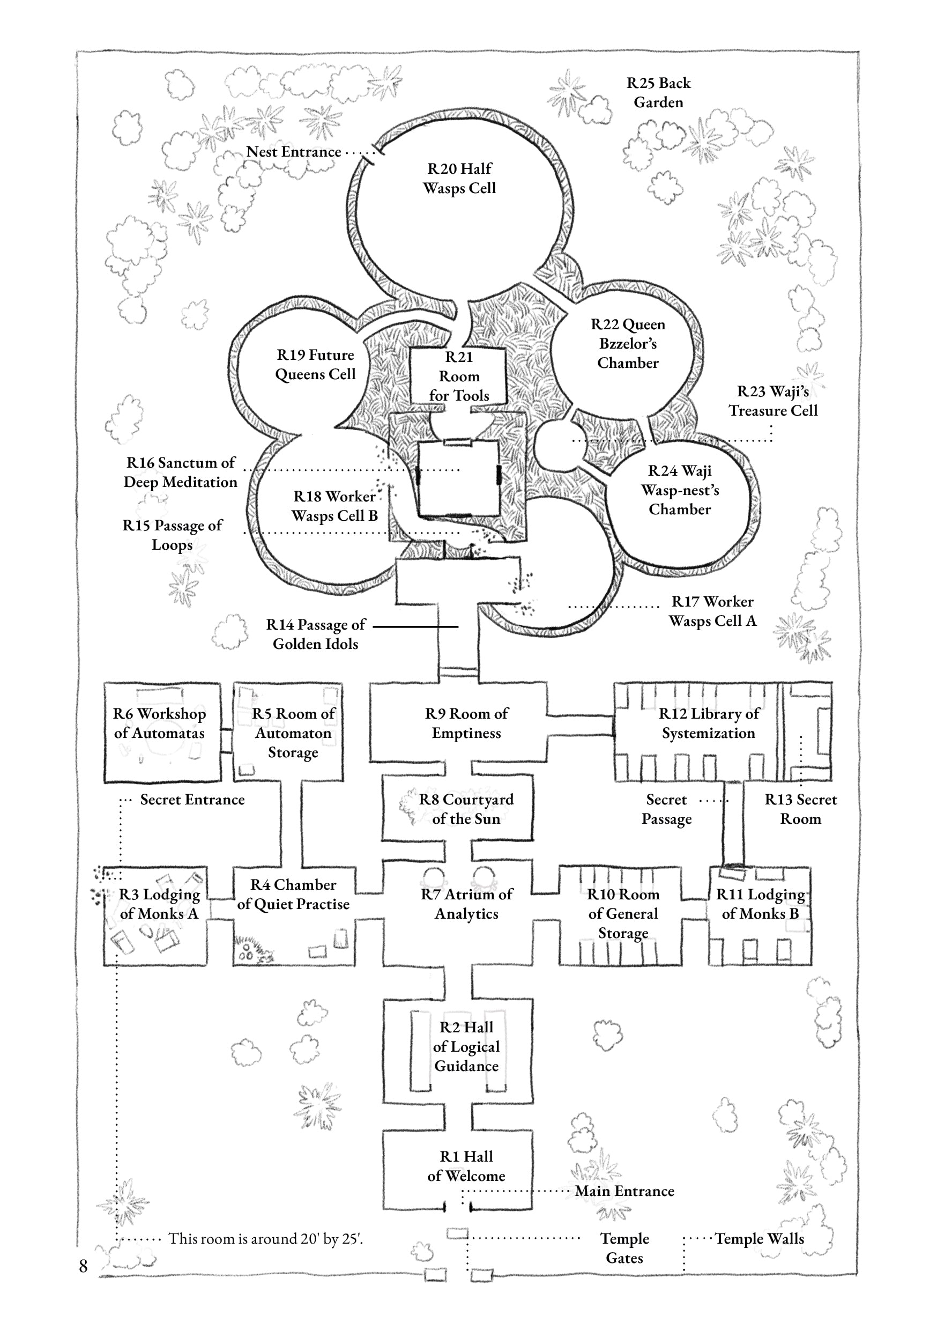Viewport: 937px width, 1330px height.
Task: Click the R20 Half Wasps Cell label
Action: tap(459, 179)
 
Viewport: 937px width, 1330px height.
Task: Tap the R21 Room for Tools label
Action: tap(459, 376)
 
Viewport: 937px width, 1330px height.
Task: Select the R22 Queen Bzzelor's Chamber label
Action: tap(628, 344)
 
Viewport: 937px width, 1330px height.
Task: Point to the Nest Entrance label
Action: tap(294, 152)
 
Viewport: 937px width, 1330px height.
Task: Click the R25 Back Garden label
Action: tap(658, 93)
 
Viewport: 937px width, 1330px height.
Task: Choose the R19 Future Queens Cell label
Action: tap(315, 364)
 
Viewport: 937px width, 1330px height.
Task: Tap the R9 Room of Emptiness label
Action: tap(466, 723)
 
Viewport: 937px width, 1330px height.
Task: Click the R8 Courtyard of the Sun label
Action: tap(466, 809)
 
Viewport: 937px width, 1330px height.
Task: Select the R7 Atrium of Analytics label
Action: tap(466, 904)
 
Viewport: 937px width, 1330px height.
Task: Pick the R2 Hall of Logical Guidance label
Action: tap(466, 1046)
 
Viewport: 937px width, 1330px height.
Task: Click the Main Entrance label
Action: tap(624, 1191)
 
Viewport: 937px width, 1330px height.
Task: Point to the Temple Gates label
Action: tap(624, 1248)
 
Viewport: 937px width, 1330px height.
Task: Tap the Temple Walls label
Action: tap(759, 1238)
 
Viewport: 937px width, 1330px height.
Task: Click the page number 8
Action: tap(84, 1266)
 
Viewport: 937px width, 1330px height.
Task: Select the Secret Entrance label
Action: tap(192, 800)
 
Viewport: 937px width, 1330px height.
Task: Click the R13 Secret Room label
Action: tap(800, 809)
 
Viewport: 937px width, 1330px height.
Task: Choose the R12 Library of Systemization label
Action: tap(708, 723)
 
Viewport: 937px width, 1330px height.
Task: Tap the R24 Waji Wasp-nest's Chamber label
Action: tap(680, 490)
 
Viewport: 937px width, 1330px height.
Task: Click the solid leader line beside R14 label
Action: tap(415, 626)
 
